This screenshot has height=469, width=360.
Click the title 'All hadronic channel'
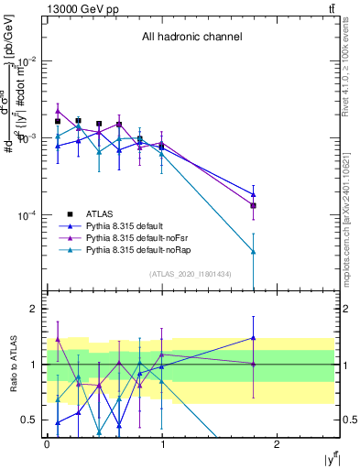tap(191, 38)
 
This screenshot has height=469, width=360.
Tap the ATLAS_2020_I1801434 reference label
tap(191, 274)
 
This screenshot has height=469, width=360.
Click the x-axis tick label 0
tap(47, 443)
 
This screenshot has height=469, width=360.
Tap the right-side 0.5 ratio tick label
tap(348, 420)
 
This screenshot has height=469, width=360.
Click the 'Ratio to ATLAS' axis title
tap(11, 364)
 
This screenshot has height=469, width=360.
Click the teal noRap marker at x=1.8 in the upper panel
tap(254, 252)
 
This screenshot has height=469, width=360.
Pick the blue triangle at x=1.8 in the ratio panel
tap(254, 338)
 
